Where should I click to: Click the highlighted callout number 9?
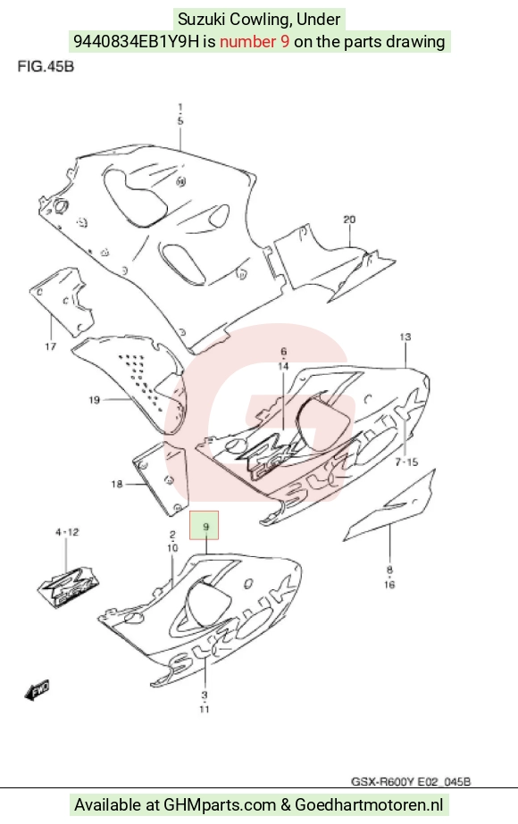coord(205,526)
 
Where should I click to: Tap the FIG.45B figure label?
coord(46,67)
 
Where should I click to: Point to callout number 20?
coord(349,220)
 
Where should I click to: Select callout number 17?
coord(51,346)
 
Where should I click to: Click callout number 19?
coord(94,401)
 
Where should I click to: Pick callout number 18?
coord(117,484)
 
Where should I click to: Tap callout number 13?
coord(405,337)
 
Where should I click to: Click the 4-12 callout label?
coord(67,532)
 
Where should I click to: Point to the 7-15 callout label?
coord(406,462)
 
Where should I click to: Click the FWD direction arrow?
coord(38,690)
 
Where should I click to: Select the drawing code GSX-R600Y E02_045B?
coord(411,781)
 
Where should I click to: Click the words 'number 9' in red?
coord(254,42)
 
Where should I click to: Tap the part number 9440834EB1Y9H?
coord(137,42)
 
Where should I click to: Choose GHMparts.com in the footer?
coord(220,804)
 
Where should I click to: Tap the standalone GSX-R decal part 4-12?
coord(69,586)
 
